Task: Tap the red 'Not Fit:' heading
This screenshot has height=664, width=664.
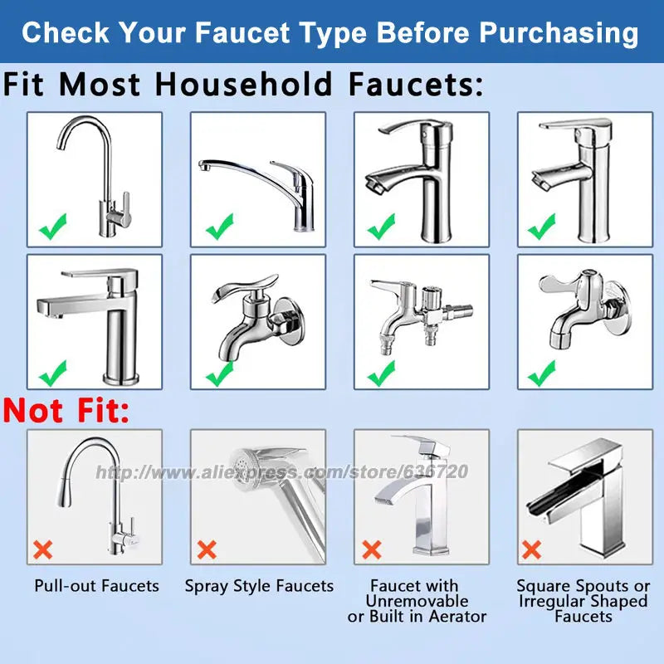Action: point(66,410)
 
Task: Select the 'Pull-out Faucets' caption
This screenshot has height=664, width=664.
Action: point(96,586)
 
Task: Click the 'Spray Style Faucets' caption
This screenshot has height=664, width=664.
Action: point(259,586)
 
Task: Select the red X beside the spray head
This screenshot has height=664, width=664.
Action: point(207,549)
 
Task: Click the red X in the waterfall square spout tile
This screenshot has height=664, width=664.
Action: point(532,549)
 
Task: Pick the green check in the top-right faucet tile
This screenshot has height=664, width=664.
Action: point(542,225)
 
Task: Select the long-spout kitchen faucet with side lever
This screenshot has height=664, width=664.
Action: point(257,178)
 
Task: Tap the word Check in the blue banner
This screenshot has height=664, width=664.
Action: point(66,33)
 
